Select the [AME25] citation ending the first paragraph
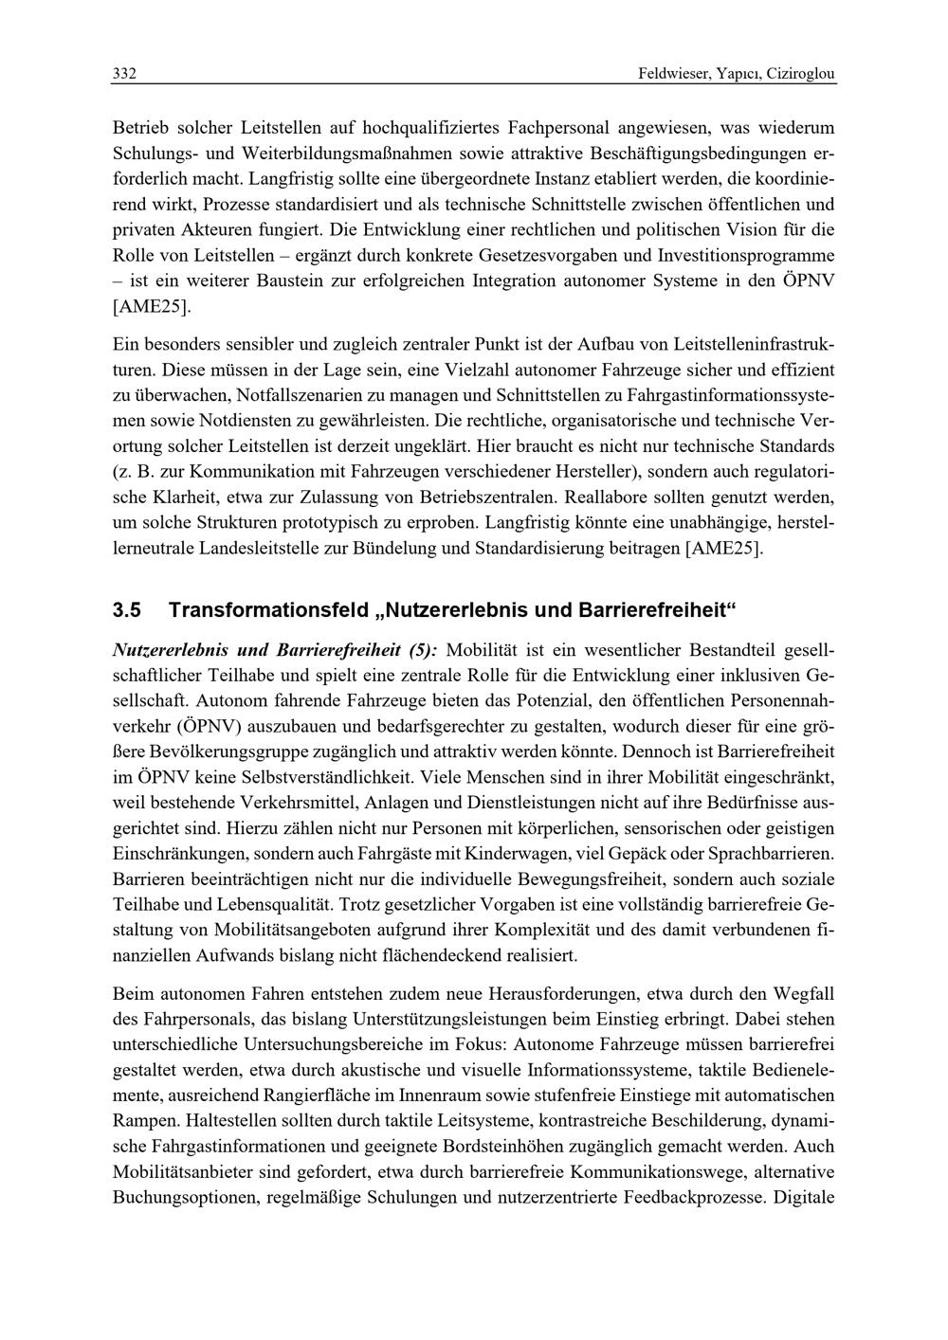(x=152, y=306)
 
